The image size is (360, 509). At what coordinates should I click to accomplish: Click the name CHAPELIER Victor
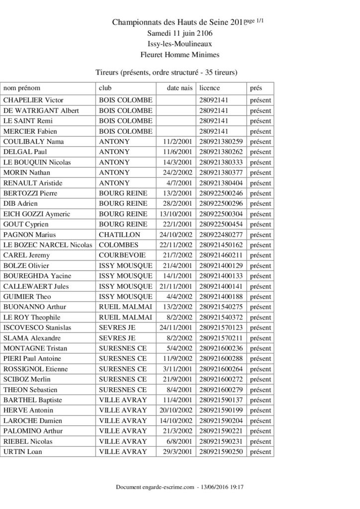[33, 100]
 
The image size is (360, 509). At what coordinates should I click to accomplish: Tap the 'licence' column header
[209, 87]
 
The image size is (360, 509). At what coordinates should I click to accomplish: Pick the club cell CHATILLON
[119, 235]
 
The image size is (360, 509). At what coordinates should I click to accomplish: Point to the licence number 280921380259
[221, 142]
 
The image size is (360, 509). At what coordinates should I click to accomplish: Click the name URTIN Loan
[23, 452]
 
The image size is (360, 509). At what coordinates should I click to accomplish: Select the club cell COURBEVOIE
[122, 255]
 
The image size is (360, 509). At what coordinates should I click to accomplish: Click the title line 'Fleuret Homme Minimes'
[180, 55]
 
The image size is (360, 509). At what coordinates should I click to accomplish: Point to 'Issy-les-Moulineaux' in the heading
[180, 44]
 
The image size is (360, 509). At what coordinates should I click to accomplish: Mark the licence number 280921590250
[221, 452]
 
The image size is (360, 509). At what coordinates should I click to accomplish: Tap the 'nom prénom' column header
[22, 87]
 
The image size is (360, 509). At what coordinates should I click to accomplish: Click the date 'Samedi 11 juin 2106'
[180, 33]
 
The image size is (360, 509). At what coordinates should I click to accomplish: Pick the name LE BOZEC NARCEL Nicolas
[48, 245]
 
